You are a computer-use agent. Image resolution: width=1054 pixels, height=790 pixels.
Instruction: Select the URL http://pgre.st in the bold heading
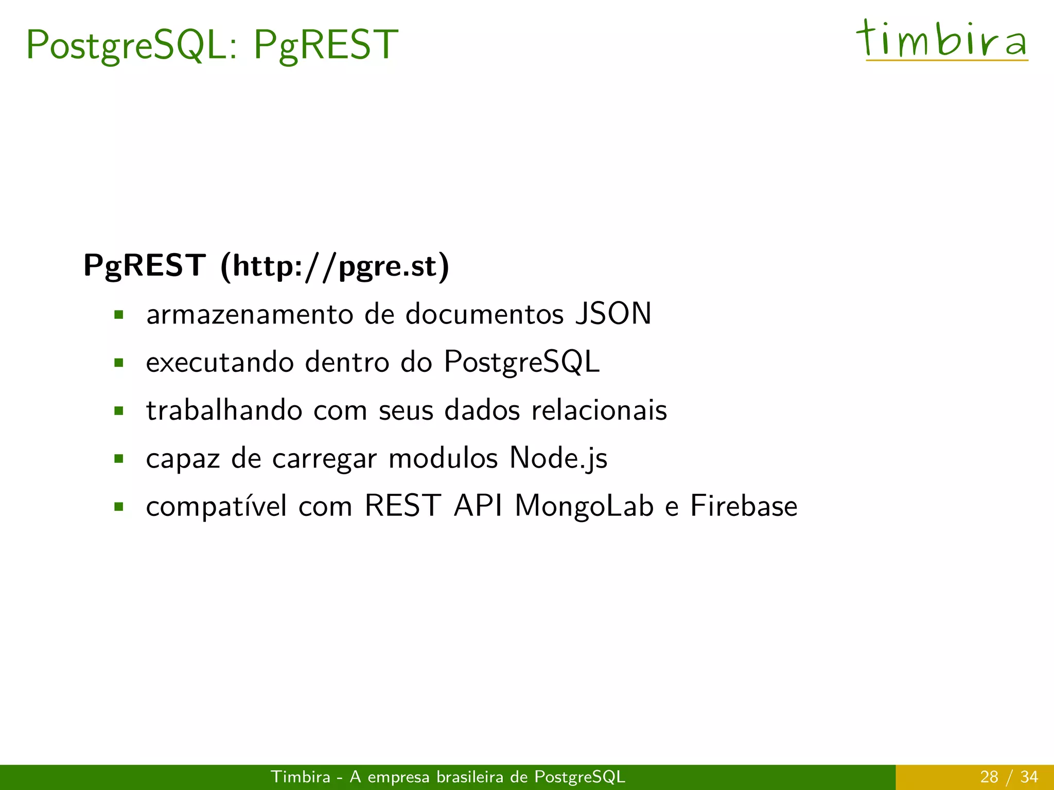point(335,266)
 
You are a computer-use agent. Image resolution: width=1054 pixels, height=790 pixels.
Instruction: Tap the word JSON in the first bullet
point(613,314)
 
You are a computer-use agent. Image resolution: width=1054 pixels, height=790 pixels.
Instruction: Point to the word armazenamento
point(250,315)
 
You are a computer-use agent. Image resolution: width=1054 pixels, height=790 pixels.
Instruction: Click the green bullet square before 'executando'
point(119,363)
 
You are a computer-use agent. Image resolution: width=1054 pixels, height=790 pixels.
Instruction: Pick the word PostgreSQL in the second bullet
point(521,363)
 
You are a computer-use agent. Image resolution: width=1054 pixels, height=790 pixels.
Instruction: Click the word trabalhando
point(224,410)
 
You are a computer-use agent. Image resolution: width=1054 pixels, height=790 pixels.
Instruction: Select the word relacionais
point(599,410)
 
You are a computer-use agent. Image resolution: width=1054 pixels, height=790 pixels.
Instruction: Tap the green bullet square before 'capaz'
point(119,458)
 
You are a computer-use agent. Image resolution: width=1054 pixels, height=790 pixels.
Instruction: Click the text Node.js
point(558,458)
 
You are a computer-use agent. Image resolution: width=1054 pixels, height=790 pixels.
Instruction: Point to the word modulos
point(443,458)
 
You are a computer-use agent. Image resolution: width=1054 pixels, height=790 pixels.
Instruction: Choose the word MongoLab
point(585,506)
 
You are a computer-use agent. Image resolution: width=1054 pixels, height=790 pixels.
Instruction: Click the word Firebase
point(744,506)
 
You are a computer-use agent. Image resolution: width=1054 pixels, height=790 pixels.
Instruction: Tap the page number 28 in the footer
point(989,777)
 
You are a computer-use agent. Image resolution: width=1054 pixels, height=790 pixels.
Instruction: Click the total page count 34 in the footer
point(1029,777)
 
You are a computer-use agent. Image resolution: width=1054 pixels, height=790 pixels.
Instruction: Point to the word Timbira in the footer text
point(301,777)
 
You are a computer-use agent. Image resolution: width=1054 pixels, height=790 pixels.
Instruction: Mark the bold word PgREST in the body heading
point(145,266)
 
